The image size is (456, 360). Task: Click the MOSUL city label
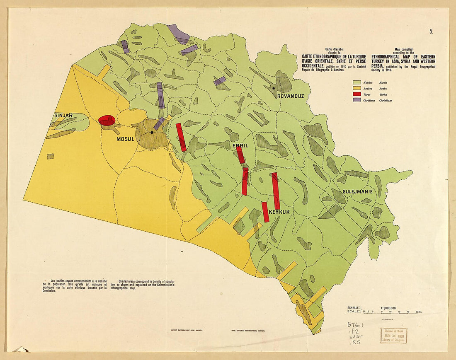pos(125,139)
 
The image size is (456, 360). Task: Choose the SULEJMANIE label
pos(357,192)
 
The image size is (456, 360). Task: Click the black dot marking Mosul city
pos(152,132)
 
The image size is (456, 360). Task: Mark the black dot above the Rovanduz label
pos(274,88)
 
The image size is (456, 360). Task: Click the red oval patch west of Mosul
pos(107,120)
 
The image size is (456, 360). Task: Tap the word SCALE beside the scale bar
pos(354,311)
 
